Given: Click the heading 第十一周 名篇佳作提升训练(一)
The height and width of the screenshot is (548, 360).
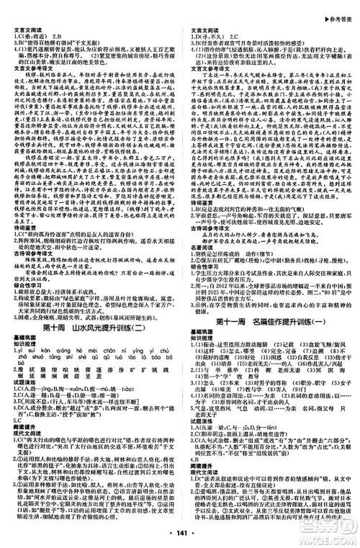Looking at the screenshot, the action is click(271, 323).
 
